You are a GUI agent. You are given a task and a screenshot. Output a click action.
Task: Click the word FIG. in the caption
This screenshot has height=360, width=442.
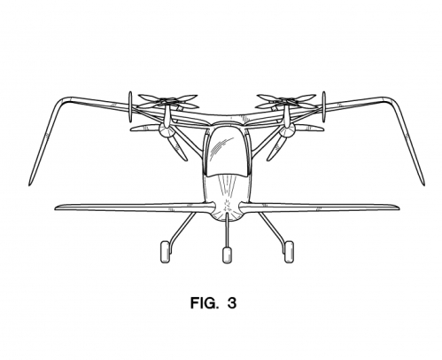[x=205, y=303]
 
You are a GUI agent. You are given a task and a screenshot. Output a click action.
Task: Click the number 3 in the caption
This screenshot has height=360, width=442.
[x=232, y=303]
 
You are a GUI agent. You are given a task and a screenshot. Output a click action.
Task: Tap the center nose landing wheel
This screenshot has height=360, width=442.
[x=227, y=255]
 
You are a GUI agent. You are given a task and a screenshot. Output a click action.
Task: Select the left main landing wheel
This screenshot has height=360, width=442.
[x=166, y=252]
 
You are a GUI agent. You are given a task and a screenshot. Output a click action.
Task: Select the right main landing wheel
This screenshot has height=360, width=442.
[x=289, y=252]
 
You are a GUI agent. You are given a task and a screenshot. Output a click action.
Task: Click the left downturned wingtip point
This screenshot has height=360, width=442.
[x=29, y=185]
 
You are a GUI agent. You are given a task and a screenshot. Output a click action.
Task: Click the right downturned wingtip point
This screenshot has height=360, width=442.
[x=424, y=185]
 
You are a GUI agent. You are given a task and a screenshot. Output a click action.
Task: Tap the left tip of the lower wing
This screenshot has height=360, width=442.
[x=55, y=207]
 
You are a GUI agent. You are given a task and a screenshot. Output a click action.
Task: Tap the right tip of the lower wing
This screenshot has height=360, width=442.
[x=399, y=207]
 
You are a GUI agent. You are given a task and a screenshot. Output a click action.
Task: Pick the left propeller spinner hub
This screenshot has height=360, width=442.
[x=165, y=129]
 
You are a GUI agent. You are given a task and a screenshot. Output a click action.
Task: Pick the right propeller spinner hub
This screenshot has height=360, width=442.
[x=288, y=129]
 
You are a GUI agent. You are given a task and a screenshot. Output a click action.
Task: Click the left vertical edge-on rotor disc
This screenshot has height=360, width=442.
[x=130, y=107]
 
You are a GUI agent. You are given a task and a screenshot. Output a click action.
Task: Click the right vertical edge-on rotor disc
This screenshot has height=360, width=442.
[x=323, y=107]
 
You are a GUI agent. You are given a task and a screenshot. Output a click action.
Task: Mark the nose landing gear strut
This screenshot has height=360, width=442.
[x=227, y=231]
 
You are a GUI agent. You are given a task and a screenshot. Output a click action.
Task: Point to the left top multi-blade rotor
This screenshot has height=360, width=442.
[x=167, y=101]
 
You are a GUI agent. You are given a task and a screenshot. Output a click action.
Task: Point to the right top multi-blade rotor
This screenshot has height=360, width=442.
[x=286, y=101]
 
